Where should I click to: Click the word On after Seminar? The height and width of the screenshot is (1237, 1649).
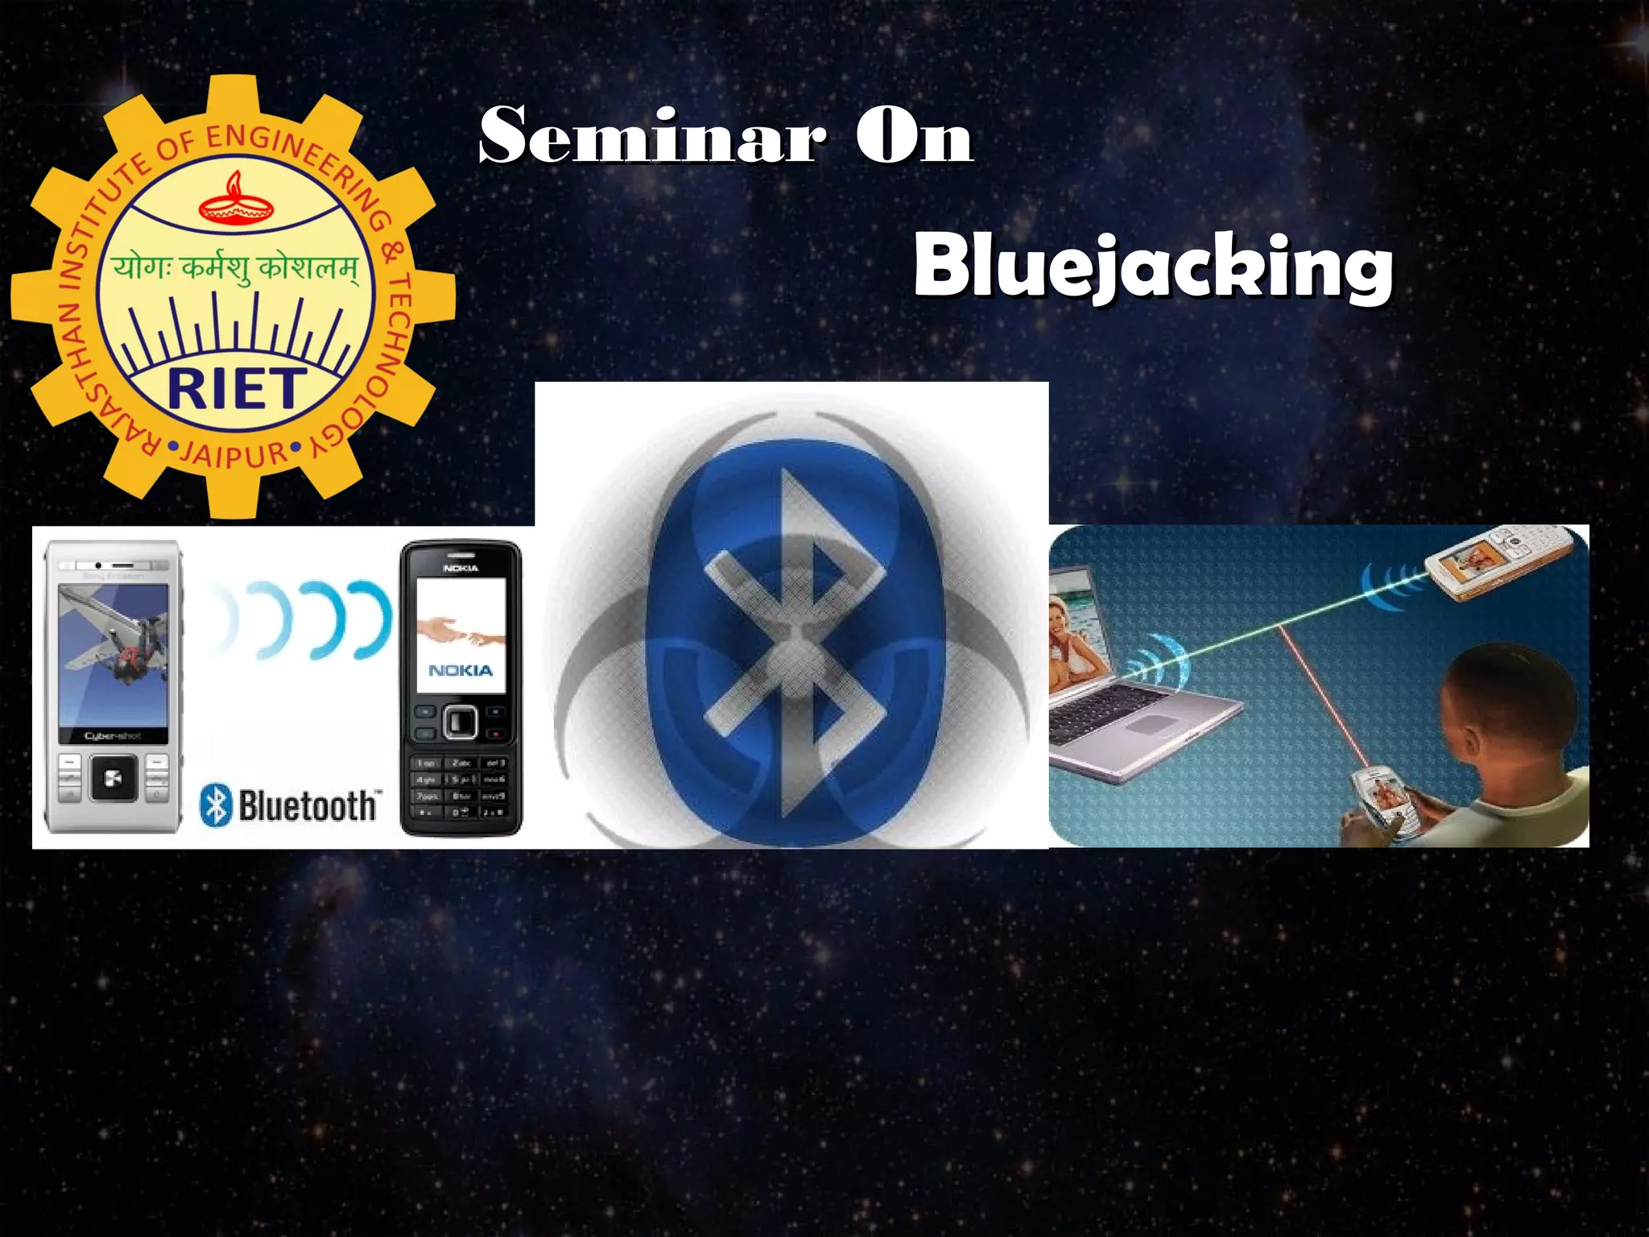click(914, 135)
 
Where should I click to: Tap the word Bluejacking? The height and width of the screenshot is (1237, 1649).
click(1152, 266)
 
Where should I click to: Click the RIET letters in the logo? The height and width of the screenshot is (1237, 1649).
click(236, 390)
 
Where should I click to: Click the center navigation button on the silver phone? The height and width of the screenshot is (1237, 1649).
click(113, 778)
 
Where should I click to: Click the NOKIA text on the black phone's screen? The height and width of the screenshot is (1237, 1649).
click(461, 670)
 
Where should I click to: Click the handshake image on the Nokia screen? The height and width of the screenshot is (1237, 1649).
click(461, 630)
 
